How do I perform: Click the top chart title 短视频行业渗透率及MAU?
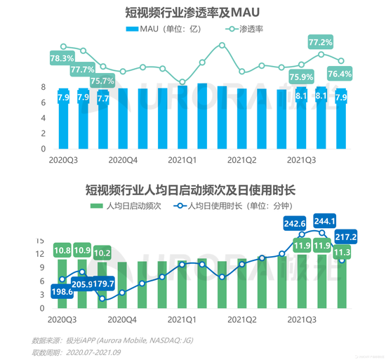tap(192, 11)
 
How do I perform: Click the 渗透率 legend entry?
tap(252, 29)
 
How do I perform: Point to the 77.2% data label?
tap(321, 44)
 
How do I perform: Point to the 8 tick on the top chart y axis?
tap(43, 87)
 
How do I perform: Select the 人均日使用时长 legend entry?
tap(235, 206)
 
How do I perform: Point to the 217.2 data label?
tap(347, 237)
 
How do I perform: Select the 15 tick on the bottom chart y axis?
tap(41, 239)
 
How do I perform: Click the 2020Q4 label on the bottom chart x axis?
tap(121, 318)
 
